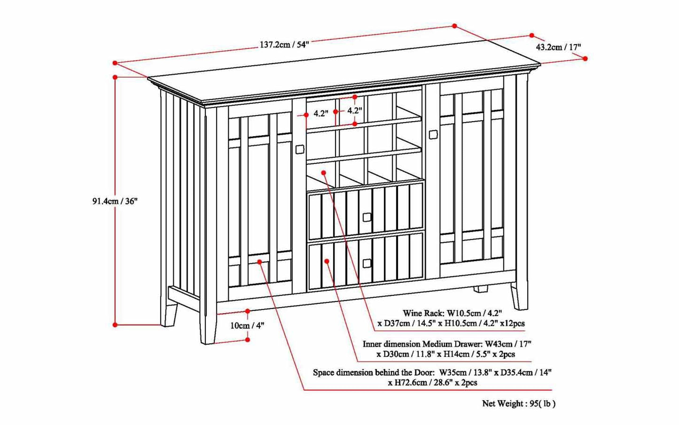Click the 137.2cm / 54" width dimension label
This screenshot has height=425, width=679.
click(284, 45)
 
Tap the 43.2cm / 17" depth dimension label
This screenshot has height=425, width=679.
click(558, 47)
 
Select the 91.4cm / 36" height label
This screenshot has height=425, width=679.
click(115, 201)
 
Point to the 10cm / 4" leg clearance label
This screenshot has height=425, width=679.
click(247, 326)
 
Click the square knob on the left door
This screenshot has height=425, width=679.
click(300, 150)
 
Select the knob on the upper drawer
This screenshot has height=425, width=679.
click(367, 217)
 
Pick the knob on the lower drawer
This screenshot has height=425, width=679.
click(367, 263)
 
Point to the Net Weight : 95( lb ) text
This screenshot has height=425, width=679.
click(519, 404)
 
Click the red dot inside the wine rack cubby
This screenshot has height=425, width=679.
click(324, 172)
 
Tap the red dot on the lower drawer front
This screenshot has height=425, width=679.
click(327, 261)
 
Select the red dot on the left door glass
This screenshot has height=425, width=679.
click(259, 262)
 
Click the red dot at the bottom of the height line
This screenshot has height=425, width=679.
click(115, 325)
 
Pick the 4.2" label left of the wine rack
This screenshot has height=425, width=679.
click(320, 113)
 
